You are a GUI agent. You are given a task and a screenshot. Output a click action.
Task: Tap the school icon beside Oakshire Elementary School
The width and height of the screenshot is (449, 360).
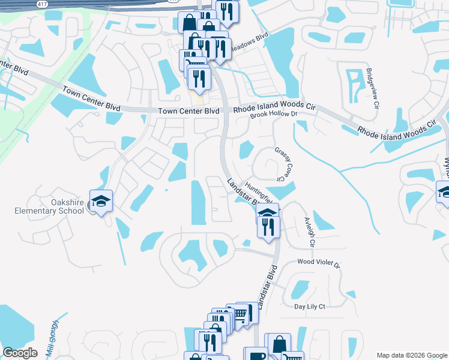tap(101, 201)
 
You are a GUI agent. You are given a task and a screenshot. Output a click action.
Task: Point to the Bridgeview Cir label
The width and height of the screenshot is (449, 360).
tap(373, 88)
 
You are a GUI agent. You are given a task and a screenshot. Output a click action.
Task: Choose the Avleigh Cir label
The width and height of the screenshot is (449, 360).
tap(309, 232)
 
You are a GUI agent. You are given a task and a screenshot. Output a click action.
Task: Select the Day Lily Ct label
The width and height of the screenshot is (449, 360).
tap(309, 307)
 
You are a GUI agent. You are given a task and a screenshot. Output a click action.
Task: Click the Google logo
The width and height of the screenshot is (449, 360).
tap(20, 353)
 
